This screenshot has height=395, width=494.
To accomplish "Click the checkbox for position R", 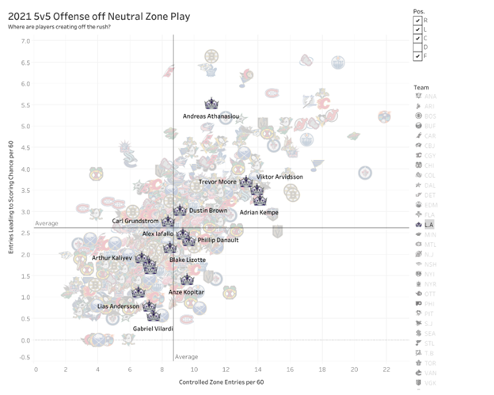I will pos(417,18).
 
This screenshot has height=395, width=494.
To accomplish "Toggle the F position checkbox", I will pos(417,56).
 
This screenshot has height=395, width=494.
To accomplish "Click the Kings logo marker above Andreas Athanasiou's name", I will pos(211,104).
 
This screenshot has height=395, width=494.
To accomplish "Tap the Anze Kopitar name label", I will pos(187,292).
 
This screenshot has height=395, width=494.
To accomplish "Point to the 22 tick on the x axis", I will pos(385,369).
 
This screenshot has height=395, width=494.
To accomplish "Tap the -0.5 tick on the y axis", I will pos(24,356).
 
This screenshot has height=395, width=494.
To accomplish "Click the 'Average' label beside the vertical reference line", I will pos(186,357).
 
